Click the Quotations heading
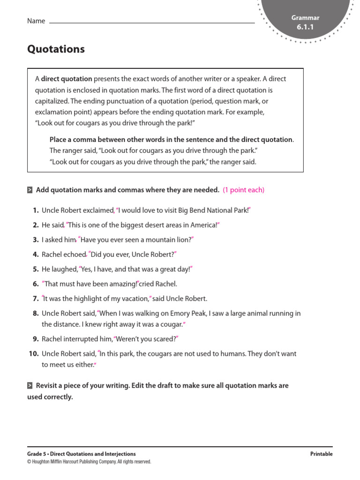click(56, 49)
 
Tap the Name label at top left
click(36, 21)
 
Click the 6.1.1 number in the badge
click(305, 28)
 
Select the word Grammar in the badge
click(305, 18)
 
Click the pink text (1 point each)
click(243, 190)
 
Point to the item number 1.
click(36, 210)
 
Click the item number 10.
click(33, 354)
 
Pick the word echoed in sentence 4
click(74, 255)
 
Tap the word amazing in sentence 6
click(123, 284)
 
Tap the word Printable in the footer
click(321, 454)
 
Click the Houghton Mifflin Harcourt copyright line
click(89, 462)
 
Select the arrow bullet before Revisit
click(30, 386)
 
